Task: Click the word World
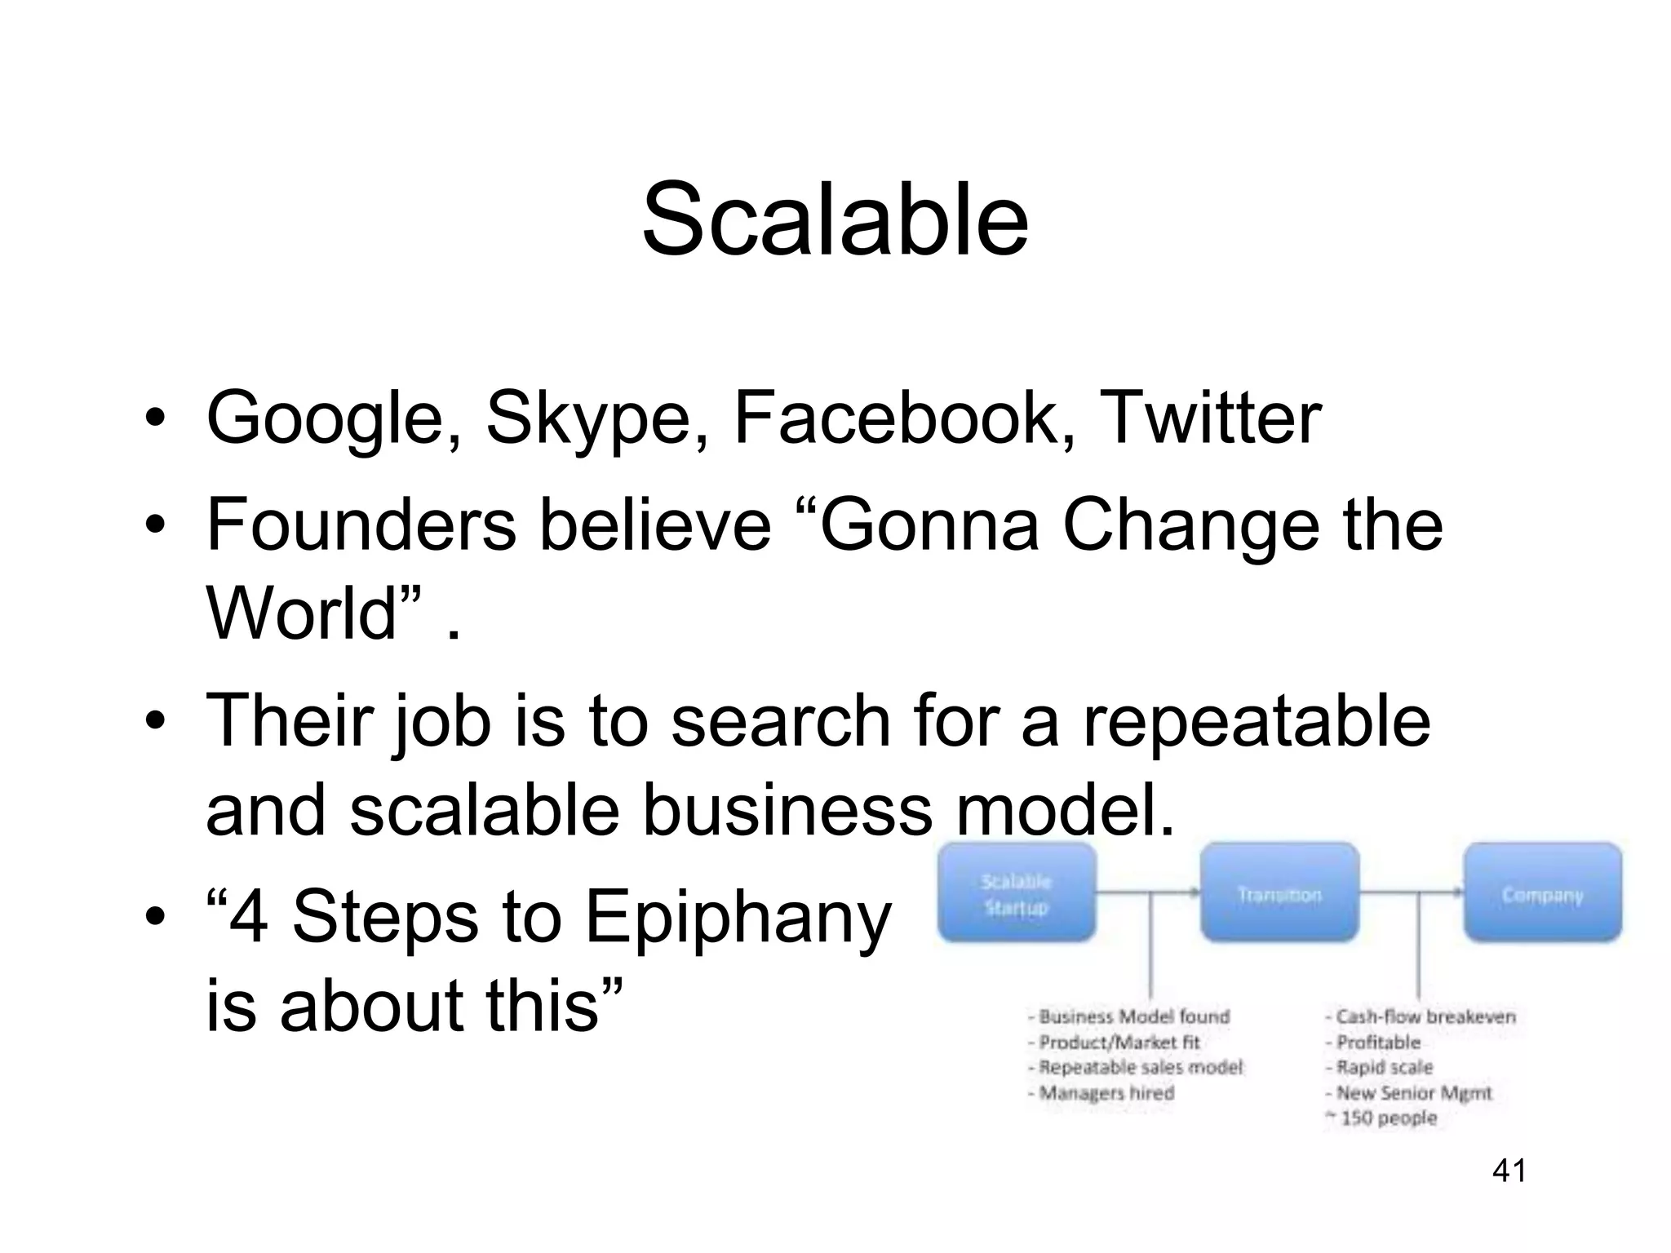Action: (313, 613)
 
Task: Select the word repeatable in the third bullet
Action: (1257, 721)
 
